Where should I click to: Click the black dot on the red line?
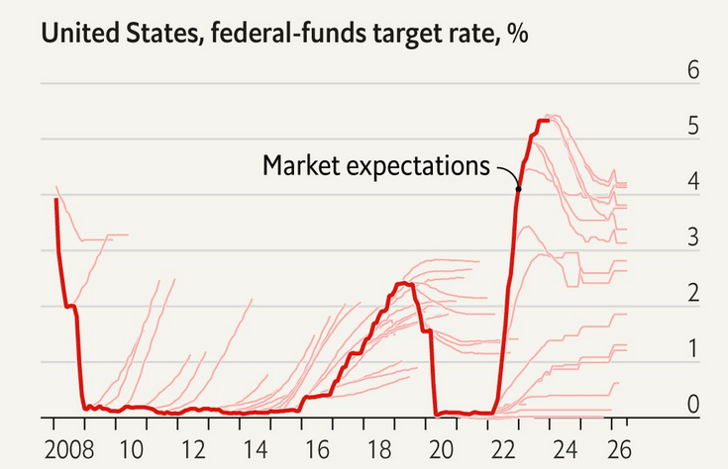click(518, 188)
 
